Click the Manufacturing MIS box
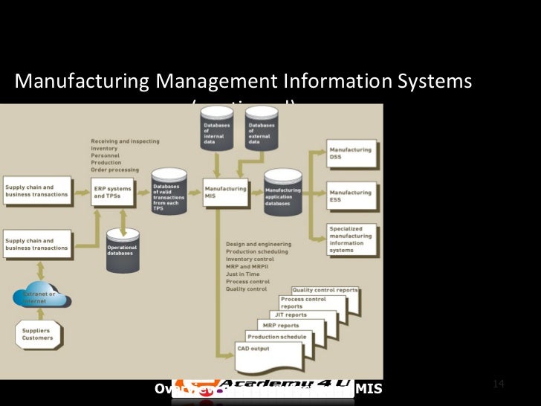coord(225,192)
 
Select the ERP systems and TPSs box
coord(112,192)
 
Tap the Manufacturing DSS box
coord(350,153)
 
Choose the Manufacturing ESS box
coord(350,195)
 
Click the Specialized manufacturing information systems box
coord(351,240)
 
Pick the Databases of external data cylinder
coord(262,130)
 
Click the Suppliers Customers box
coord(37,334)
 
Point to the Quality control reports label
coord(325,290)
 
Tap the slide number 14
coord(499,384)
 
